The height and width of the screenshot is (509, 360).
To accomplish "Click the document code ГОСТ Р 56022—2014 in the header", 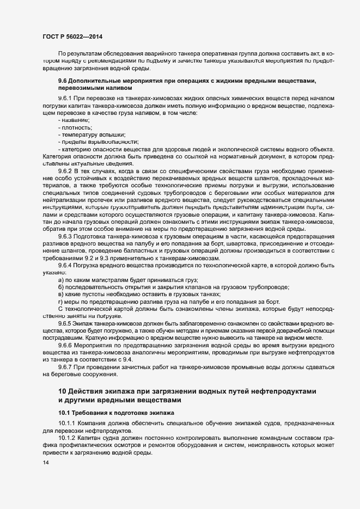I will [x=72, y=36].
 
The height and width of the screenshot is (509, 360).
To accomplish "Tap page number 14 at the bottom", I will [x=46, y=463].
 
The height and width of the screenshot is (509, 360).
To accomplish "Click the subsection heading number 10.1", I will [x=64, y=413].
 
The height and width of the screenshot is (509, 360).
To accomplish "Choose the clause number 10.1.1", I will [x=67, y=423].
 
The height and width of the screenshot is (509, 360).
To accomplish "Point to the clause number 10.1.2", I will [x=67, y=438].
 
